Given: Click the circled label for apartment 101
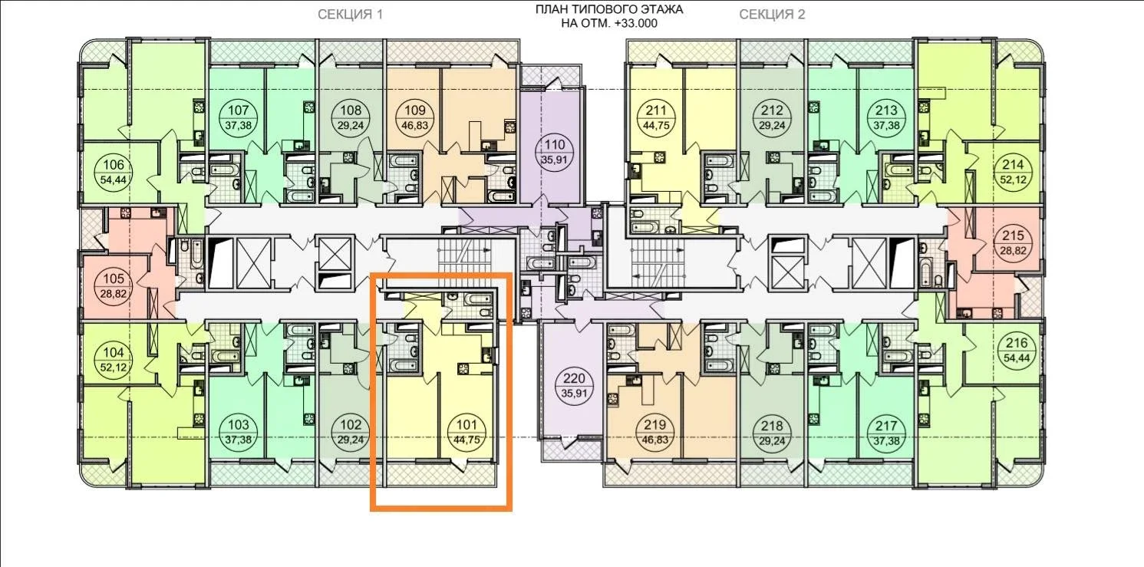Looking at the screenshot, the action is click(467, 432).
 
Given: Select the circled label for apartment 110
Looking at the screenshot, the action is click(555, 152).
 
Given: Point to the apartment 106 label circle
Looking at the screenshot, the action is click(114, 172).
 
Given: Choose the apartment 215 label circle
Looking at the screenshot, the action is click(1013, 243).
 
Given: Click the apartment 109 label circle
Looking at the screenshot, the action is click(414, 117).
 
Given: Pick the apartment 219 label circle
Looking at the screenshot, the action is click(655, 432).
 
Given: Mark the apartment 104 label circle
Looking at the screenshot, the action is click(114, 360).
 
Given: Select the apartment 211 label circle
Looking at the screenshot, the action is click(656, 117).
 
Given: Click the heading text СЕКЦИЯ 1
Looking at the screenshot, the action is click(350, 15).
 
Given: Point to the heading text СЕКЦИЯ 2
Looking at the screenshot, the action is click(772, 15).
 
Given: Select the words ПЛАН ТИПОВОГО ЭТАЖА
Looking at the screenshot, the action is click(609, 10).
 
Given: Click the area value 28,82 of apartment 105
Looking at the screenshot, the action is click(114, 294).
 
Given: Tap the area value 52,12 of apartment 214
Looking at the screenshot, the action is click(1013, 180).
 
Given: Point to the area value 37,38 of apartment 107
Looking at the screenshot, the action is click(238, 125).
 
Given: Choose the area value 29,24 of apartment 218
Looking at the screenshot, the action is click(772, 440).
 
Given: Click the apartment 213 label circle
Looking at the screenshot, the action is click(886, 117).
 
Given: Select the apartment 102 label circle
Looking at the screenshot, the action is click(351, 432).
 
